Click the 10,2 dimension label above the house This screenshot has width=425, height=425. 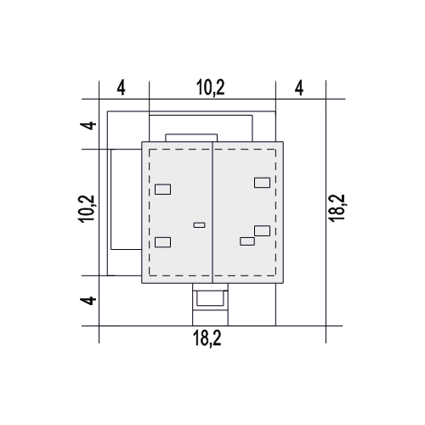coord(211,88)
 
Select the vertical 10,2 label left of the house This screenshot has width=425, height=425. coord(88,209)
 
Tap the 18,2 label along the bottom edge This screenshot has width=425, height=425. coord(207,338)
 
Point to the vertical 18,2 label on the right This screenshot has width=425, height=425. coord(337,207)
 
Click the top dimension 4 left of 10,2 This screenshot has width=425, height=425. coord(121,88)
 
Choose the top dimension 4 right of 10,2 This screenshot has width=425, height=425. coord(299,88)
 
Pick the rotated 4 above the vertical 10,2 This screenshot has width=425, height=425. coord(88,125)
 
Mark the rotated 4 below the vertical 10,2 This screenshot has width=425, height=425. coord(88,301)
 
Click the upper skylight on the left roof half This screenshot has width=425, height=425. coord(163,190)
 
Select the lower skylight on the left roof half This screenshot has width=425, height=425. coord(163,242)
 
